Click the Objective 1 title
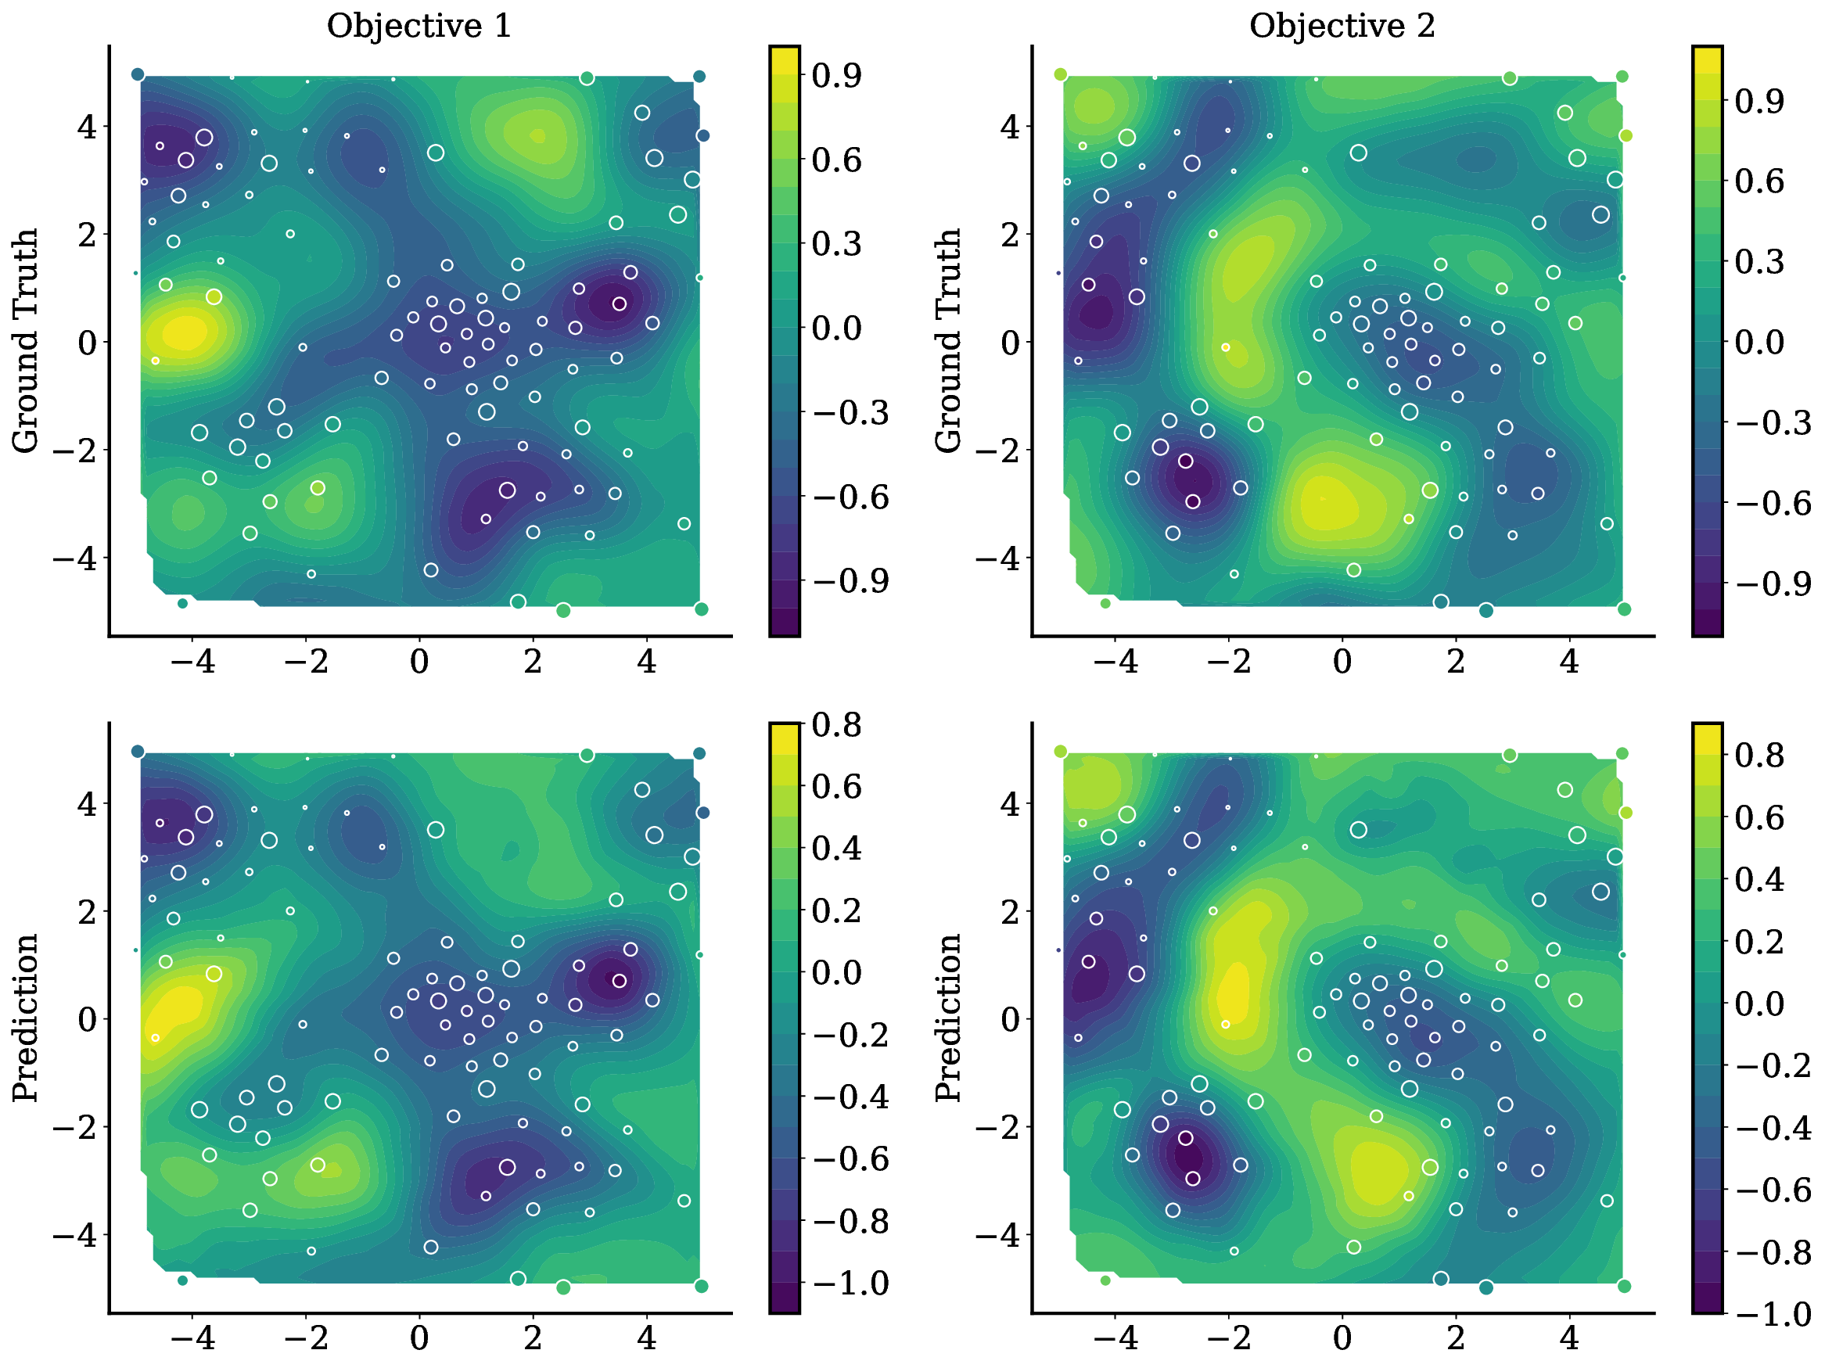pos(419,26)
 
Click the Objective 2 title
pos(1342,26)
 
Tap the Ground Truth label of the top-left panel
pos(25,341)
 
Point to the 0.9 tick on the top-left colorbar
pos(835,75)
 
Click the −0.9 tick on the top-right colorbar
pos(1771,583)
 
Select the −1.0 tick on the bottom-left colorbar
pos(849,1283)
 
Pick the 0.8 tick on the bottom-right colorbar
pos(1759,754)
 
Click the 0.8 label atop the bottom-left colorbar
pos(835,724)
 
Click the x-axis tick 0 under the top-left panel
pos(419,661)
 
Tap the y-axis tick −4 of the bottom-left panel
pos(75,1234)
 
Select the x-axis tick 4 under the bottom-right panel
pos(1569,1337)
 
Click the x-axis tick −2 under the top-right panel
pos(1228,661)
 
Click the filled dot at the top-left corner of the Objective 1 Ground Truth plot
pos(138,74)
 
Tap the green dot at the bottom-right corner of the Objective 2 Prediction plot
pos(1625,1287)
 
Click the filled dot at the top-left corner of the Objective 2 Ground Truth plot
pos(1061,74)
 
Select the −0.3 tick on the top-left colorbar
pos(849,411)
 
